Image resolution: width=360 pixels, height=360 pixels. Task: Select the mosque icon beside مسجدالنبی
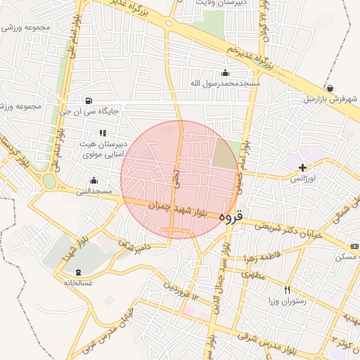tap(94, 181)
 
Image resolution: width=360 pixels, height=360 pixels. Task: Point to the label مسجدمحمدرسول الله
tap(225, 83)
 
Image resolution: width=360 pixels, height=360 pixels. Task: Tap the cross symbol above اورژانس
tap(302, 167)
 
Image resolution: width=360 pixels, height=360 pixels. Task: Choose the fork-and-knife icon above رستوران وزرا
tap(287, 290)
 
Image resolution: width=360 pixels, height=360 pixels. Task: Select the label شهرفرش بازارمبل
tap(331, 99)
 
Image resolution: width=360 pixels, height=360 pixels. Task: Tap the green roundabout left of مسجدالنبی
tap(49, 181)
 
